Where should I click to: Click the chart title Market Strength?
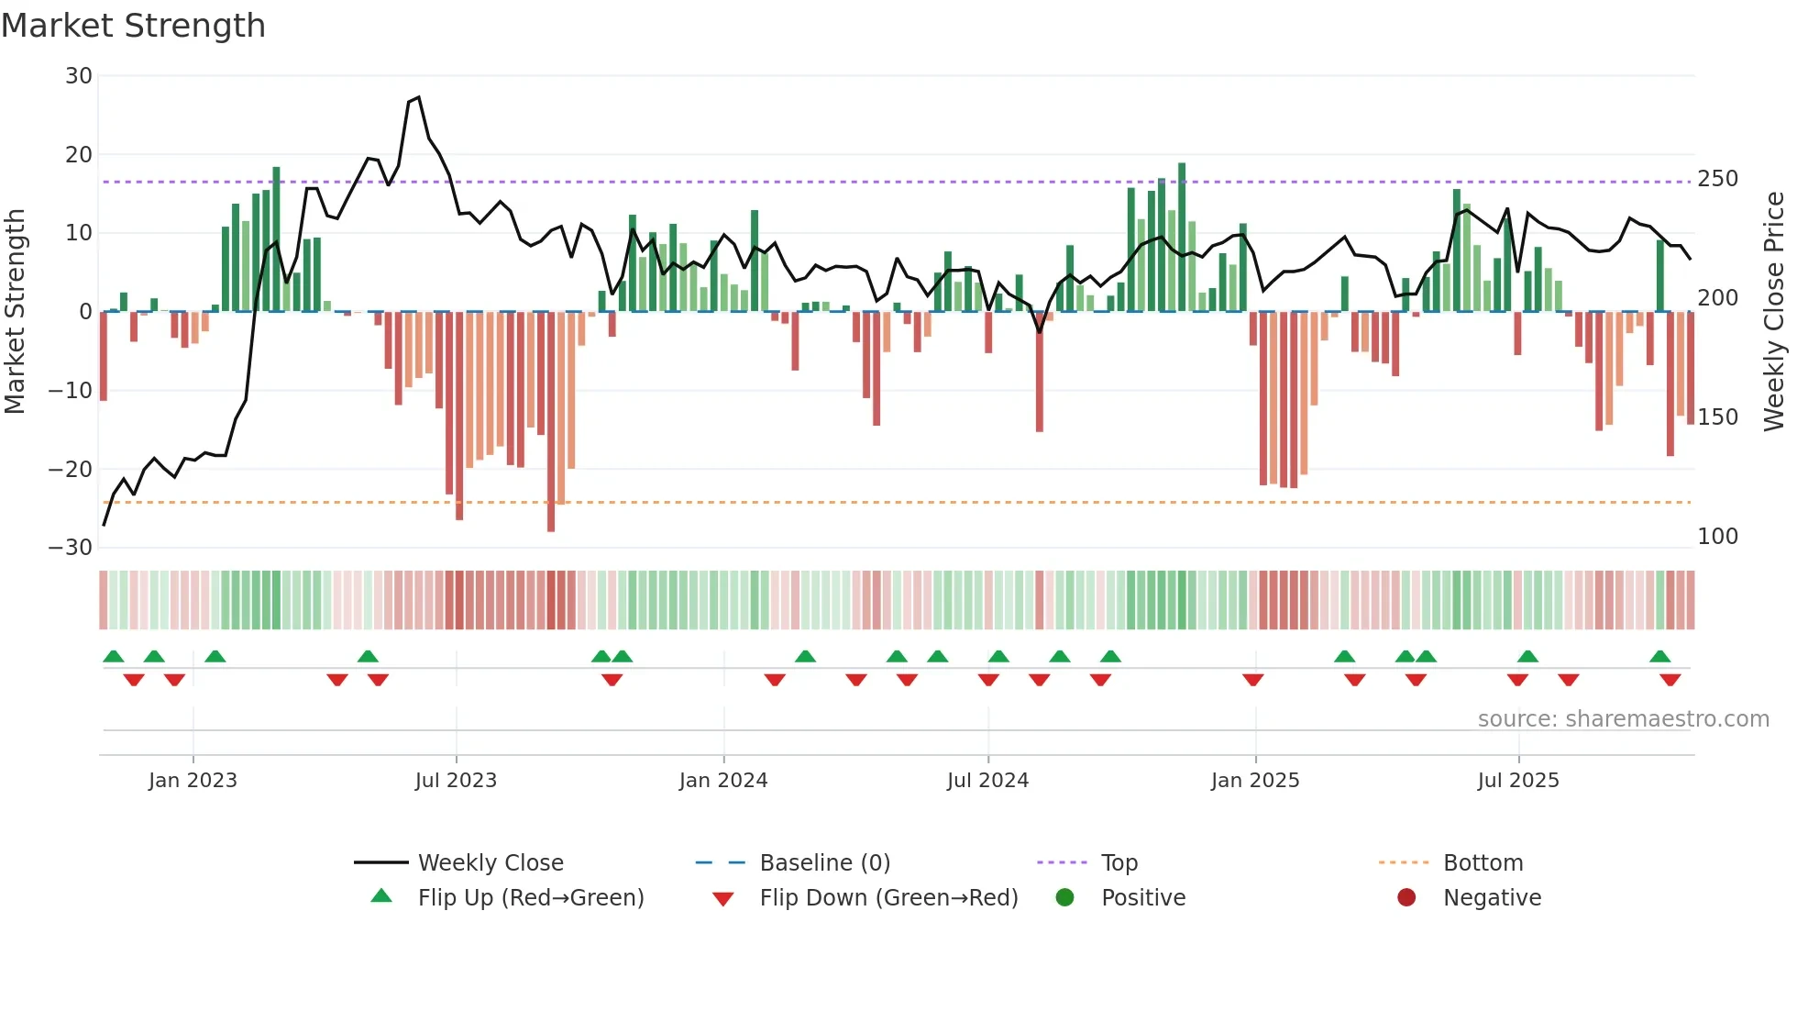pos(133,26)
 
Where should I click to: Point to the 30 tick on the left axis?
pos(79,76)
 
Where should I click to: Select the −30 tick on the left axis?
pos(71,548)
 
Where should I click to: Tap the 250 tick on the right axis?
pos(1717,179)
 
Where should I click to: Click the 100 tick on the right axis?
pos(1717,537)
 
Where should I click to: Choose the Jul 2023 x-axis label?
pos(456,781)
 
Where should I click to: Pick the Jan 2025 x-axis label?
pos(1255,781)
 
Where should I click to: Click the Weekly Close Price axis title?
pos(1774,312)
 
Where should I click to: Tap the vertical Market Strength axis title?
pos(15,312)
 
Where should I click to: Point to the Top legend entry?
pos(1119,863)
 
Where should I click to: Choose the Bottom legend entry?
pos(1483,863)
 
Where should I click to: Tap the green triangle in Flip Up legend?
pos(381,896)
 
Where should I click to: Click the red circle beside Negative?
pos(1406,897)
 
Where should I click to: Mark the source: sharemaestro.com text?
pos(1623,719)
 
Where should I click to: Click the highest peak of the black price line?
pos(419,97)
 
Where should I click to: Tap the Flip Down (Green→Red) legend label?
pos(888,898)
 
